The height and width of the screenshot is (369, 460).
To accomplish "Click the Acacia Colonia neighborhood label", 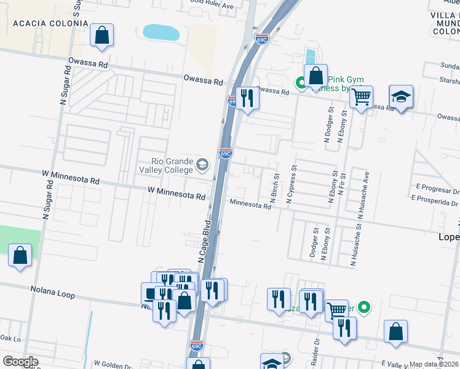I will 50,23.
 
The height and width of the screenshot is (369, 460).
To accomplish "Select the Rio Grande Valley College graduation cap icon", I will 202,165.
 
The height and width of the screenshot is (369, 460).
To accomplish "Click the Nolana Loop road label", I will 52,292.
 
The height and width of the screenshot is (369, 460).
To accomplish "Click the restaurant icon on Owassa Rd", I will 247,98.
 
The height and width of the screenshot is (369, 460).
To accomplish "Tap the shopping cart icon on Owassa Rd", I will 361,96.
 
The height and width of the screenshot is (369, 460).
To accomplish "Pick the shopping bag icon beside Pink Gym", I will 315,76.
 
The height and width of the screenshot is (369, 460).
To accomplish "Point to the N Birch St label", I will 274,188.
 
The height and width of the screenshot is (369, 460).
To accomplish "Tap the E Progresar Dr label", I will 437,187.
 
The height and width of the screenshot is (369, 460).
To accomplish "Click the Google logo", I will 20,362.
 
